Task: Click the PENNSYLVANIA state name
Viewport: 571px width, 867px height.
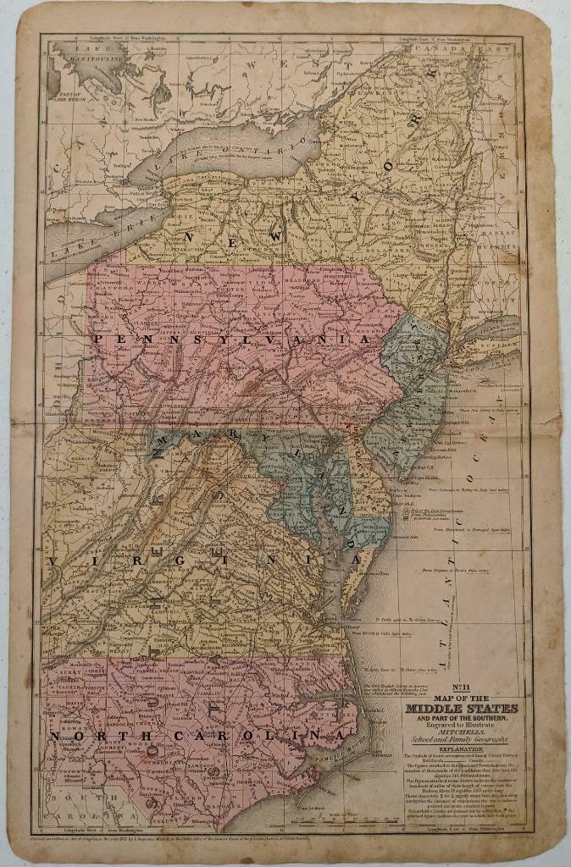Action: click(x=234, y=338)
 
